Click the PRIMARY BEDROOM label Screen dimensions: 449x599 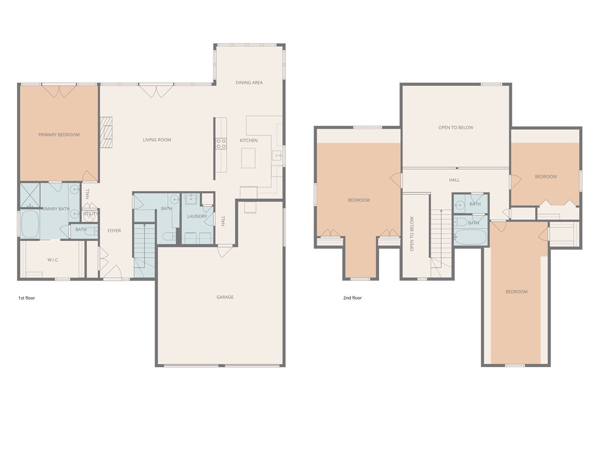[x=58, y=135]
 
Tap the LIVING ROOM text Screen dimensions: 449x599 [x=157, y=140]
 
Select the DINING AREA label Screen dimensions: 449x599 [x=249, y=83]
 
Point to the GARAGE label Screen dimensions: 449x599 [x=225, y=297]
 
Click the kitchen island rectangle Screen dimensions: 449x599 [x=249, y=158]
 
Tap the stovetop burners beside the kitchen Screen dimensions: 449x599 [x=221, y=143]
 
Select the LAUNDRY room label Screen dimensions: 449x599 [x=197, y=217]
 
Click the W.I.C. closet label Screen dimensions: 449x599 [x=53, y=260]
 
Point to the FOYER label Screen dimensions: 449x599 [x=114, y=231]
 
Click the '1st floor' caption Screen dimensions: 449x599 [x=26, y=298]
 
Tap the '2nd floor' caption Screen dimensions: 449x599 [x=352, y=298]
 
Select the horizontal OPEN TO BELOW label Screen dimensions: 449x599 [x=456, y=127]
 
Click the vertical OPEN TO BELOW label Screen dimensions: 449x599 [x=412, y=234]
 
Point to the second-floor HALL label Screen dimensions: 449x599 [x=454, y=180]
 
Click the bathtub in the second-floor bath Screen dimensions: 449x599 [x=470, y=237]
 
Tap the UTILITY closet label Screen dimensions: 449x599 [x=91, y=214]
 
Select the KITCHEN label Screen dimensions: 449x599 [x=249, y=141]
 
